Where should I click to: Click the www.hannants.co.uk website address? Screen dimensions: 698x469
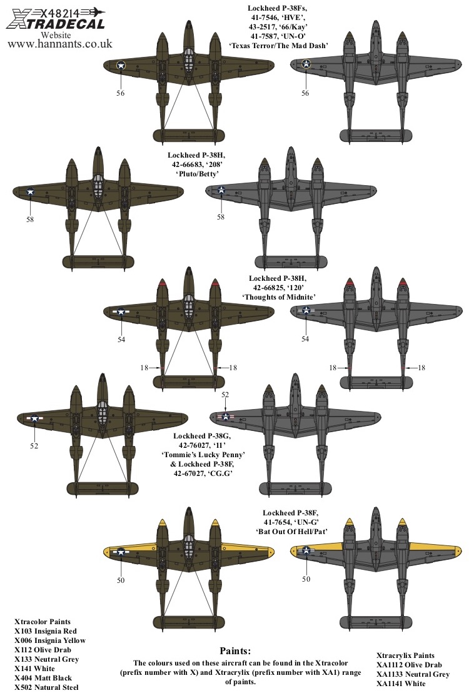point(59,44)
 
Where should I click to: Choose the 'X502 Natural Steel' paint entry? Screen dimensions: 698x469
point(45,687)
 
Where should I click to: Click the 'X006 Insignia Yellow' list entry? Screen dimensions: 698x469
point(50,640)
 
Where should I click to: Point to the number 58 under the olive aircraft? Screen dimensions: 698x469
point(30,220)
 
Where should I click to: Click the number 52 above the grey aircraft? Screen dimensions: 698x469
point(225,395)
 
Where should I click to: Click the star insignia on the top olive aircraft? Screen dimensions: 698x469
point(121,64)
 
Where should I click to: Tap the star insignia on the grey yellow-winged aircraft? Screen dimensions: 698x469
point(306,551)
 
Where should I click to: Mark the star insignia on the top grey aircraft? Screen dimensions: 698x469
point(306,63)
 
